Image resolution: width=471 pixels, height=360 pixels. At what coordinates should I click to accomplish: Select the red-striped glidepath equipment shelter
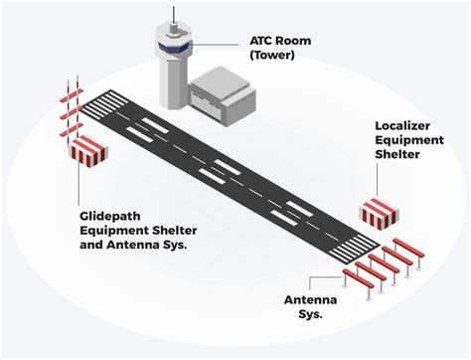tap(88, 150)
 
